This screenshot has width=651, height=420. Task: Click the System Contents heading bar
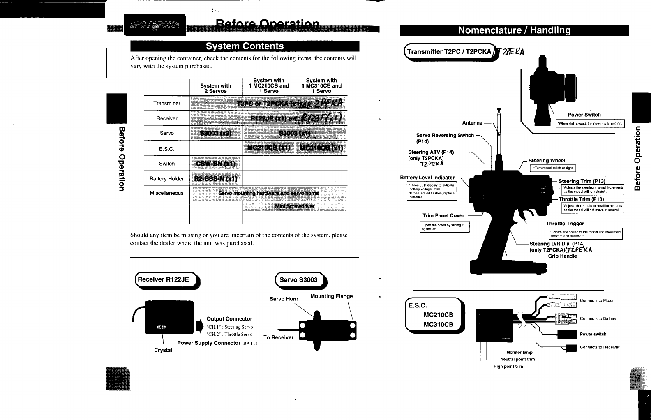245,46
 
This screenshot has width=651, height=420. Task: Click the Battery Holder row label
166,179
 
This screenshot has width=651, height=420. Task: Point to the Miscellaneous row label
166,193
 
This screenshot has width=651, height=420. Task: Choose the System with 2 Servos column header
215,88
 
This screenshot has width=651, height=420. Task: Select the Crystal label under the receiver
163,350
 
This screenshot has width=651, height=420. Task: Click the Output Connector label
229,319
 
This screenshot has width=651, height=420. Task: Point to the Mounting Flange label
331,296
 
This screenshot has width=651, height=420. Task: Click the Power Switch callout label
584,115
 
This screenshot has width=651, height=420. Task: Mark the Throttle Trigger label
565,224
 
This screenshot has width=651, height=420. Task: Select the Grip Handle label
562,256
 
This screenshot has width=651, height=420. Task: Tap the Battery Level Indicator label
427,178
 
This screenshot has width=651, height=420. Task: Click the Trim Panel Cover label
443,215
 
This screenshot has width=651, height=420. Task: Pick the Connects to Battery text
598,318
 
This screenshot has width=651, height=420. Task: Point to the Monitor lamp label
519,352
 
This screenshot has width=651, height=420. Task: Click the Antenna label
472,123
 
